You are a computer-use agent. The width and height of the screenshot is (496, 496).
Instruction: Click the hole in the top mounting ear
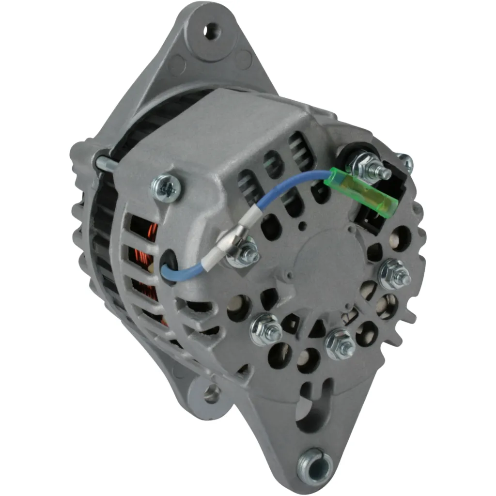click(x=212, y=32)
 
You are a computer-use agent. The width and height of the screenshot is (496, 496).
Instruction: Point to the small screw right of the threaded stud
click(x=405, y=162)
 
